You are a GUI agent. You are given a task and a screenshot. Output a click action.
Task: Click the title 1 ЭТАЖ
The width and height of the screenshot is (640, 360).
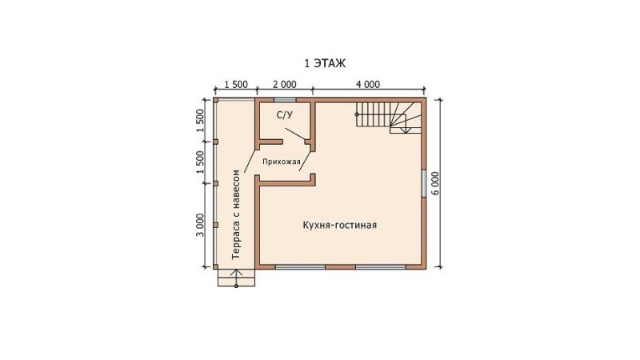click(325, 63)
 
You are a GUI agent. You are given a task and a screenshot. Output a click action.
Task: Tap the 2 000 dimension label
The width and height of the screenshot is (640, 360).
click(285, 85)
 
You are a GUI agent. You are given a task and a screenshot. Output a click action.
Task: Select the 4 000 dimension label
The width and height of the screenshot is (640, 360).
click(368, 85)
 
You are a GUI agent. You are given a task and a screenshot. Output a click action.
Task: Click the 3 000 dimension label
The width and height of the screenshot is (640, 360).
click(200, 225)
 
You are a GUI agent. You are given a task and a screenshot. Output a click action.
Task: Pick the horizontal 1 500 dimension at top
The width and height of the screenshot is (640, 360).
click(235, 85)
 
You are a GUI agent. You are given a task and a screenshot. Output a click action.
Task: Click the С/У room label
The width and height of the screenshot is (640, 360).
click(285, 115)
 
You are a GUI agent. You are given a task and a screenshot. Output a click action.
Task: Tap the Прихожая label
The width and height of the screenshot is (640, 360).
click(282, 162)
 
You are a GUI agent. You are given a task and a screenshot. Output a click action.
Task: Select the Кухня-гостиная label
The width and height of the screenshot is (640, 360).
click(339, 225)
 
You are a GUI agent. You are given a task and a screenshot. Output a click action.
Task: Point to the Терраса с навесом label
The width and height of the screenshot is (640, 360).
click(235, 214)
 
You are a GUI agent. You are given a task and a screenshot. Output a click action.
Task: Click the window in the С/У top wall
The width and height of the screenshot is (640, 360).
click(285, 99)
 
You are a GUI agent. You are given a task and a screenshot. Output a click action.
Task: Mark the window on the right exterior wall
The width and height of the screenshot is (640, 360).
click(424, 183)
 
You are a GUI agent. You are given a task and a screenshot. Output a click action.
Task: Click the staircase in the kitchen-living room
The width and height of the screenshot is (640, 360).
click(389, 117)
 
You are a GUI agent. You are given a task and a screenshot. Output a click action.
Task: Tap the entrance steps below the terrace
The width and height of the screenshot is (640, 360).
click(236, 278)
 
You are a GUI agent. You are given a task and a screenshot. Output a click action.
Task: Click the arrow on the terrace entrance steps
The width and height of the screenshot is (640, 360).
click(236, 278)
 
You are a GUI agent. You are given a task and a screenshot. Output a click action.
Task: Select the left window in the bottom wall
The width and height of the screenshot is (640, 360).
click(301, 267)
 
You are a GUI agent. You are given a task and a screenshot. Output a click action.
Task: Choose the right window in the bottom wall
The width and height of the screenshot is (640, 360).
click(381, 267)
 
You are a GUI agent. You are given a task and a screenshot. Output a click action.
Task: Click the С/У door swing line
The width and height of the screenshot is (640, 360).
click(294, 134)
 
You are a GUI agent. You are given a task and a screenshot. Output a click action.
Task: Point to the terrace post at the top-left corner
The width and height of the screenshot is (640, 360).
click(215, 99)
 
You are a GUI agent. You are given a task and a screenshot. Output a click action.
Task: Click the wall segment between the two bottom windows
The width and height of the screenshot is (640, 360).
click(341, 267)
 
